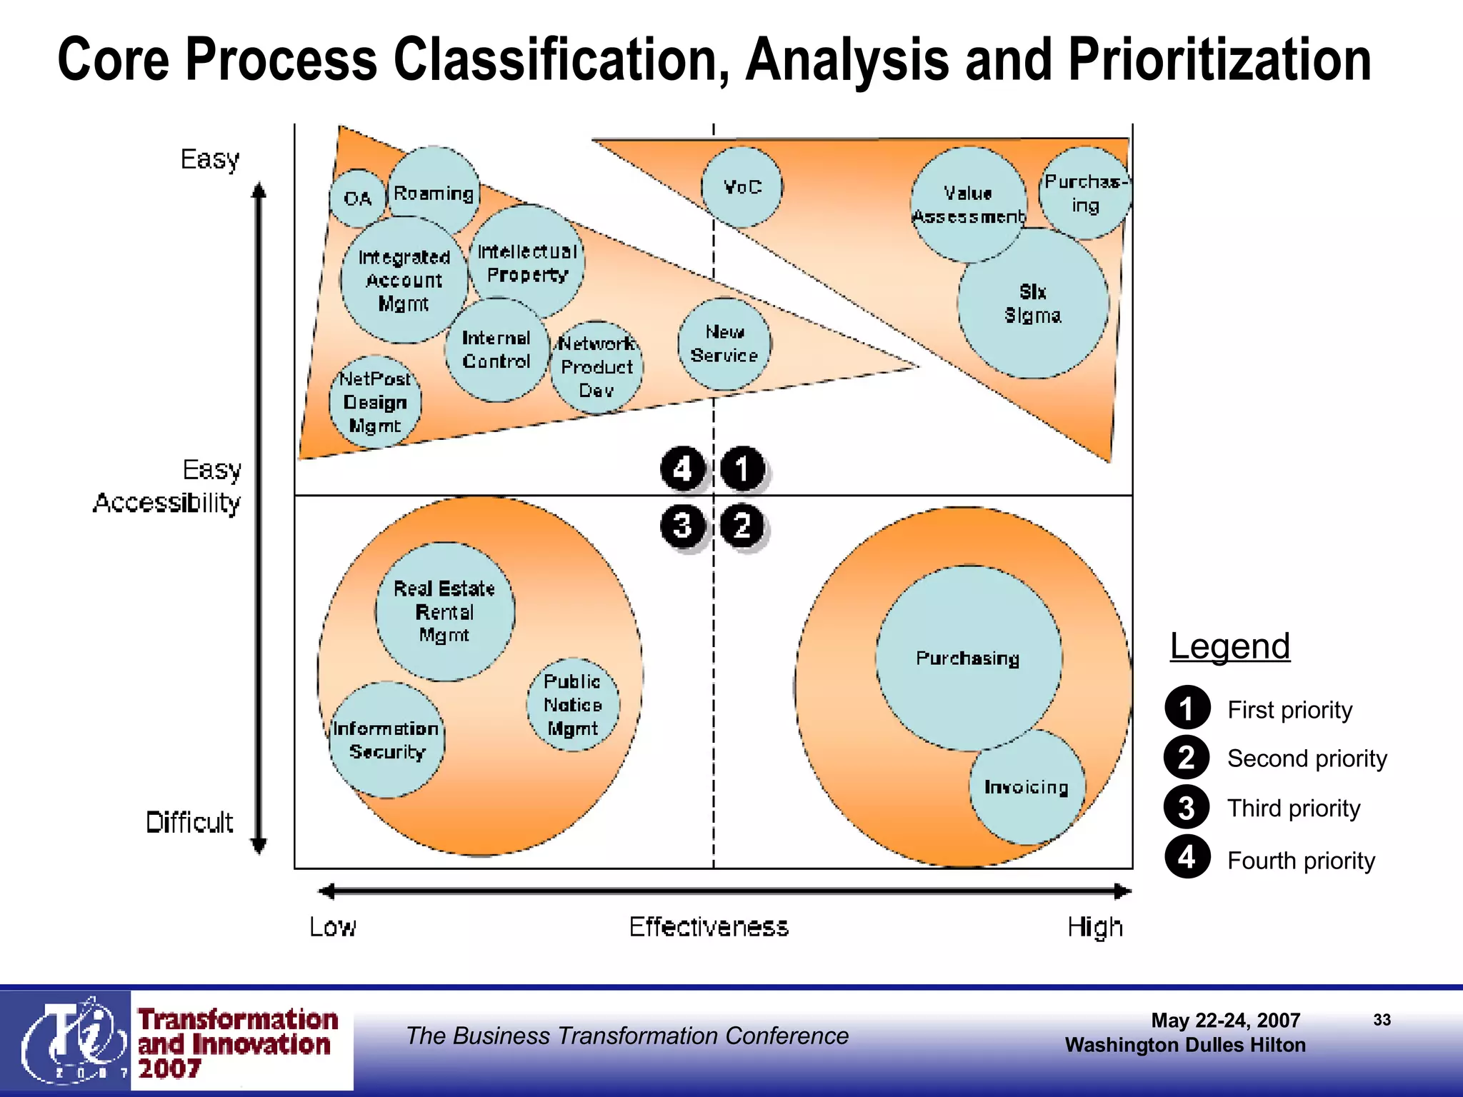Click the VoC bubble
pos(742,187)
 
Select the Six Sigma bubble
pos(1033,304)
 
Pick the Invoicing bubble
pos(1027,787)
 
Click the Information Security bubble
pos(386,740)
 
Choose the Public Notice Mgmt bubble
pos(573,705)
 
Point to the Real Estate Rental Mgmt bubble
pos(444,611)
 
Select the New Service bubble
pos(724,344)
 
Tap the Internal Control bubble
pos(496,350)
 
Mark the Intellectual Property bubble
pos(527,263)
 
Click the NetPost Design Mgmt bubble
pos(375,402)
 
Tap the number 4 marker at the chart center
pos(683,469)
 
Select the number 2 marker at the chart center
pos(743,526)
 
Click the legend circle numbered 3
pos(1187,808)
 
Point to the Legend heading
pos(1229,646)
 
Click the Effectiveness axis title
pos(709,927)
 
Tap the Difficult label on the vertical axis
pos(189,823)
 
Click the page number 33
pos(1382,1020)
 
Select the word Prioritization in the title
pos(1219,60)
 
